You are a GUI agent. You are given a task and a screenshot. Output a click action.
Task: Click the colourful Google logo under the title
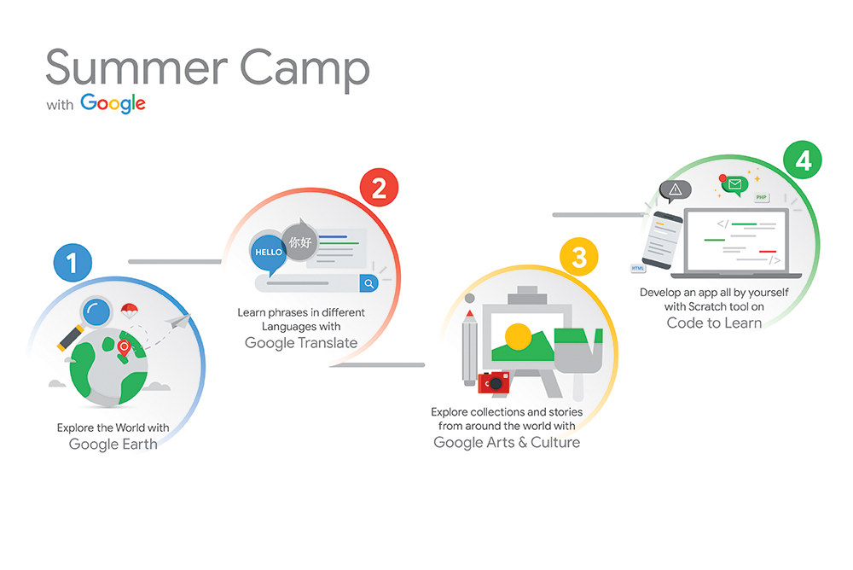tap(113, 103)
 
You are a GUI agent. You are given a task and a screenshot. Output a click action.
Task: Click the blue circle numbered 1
tap(73, 263)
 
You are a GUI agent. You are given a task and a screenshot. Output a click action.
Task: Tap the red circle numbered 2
tap(379, 187)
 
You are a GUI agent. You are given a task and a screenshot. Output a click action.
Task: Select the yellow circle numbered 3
tap(579, 257)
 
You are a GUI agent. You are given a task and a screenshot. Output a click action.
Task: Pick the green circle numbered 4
tap(803, 160)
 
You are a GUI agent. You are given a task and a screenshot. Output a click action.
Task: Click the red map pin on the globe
tap(124, 348)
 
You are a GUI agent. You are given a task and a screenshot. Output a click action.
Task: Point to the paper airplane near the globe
tap(178, 321)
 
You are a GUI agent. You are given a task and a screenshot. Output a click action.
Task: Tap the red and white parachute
tap(129, 311)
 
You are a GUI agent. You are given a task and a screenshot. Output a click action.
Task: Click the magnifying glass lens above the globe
tap(96, 312)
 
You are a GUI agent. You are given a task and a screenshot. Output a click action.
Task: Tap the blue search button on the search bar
tap(368, 283)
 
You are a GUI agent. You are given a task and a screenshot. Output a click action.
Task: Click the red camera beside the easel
tap(493, 383)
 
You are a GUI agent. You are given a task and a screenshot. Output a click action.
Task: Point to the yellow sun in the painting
tap(518, 336)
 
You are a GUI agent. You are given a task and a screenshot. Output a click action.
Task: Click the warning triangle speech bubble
tap(675, 190)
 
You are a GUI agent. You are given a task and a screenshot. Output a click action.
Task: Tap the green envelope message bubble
tap(734, 185)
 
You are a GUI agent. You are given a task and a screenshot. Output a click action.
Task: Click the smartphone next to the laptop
tap(662, 240)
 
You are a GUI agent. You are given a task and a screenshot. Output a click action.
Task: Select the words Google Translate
tap(301, 343)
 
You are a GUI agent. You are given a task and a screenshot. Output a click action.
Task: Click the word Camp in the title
tap(305, 68)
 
